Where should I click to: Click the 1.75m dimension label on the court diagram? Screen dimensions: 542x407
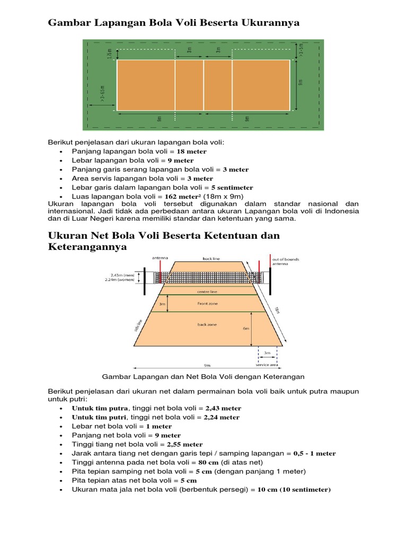click(x=109, y=55)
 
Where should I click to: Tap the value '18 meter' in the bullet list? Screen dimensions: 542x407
click(x=188, y=151)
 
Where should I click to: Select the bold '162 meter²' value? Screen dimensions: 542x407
click(x=184, y=196)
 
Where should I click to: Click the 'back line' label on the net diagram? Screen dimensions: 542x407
click(x=211, y=259)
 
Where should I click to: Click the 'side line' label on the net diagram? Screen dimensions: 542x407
click(x=139, y=326)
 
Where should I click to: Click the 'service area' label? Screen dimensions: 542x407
click(x=267, y=364)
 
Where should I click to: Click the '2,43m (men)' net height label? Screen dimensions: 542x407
click(x=122, y=275)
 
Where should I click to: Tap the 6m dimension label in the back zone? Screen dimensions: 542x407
click(x=246, y=329)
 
